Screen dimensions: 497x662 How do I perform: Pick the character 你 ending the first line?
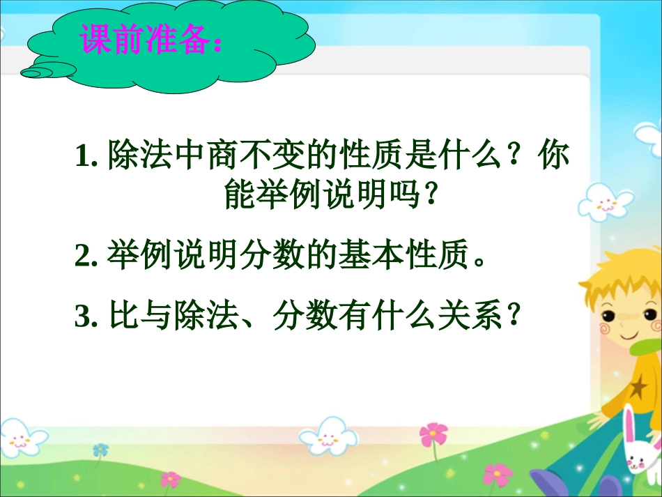pyautogui.click(x=555, y=156)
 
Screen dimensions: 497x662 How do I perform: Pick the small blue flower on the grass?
pyautogui.click(x=101, y=450)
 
